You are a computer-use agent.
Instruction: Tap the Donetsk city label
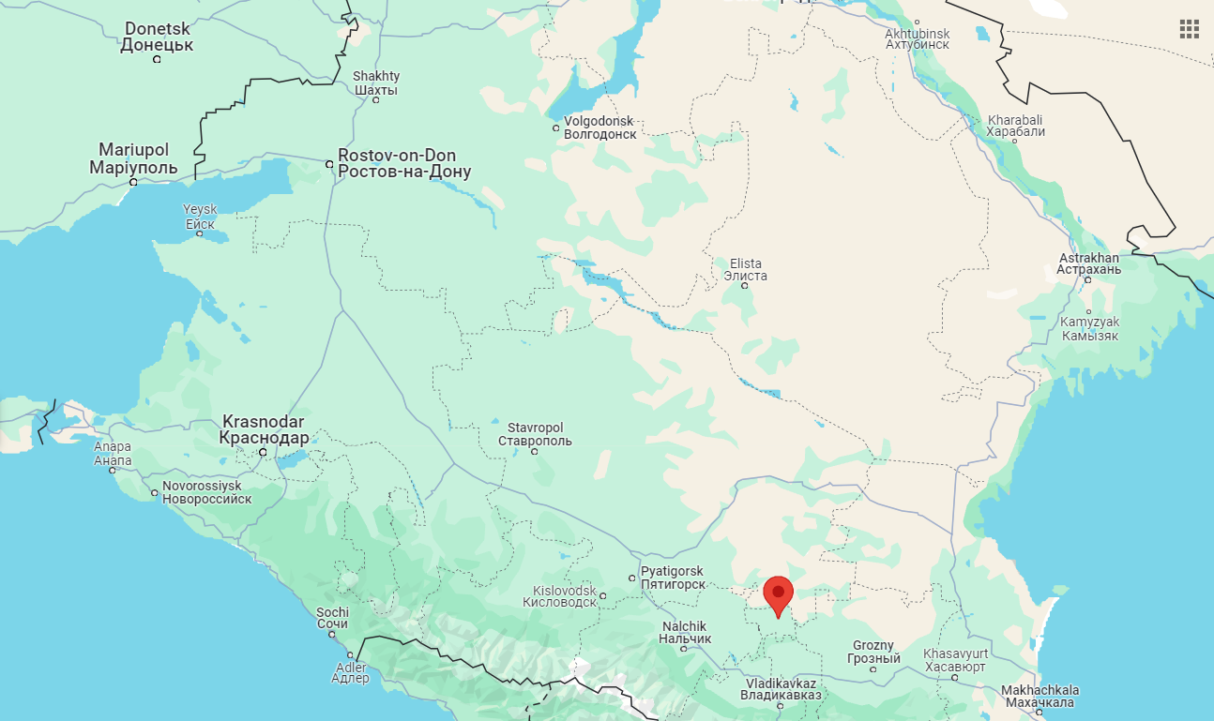tap(157, 37)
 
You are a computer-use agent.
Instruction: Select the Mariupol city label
tap(133, 158)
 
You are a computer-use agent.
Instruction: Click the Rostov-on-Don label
tap(404, 163)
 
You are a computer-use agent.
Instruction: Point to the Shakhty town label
tap(376, 83)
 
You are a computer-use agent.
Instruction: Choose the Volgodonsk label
tap(599, 128)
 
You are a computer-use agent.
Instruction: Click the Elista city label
tap(745, 269)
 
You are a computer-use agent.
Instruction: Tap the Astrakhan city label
tap(1088, 263)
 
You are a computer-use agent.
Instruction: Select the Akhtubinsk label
tap(918, 39)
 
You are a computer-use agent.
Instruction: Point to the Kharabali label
tap(1015, 126)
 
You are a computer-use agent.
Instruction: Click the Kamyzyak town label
tap(1089, 328)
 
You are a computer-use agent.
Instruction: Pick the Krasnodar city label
tap(264, 429)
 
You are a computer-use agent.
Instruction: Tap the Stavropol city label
tap(535, 434)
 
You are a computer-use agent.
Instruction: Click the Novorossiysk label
tap(207, 492)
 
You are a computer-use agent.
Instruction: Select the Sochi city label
tap(332, 618)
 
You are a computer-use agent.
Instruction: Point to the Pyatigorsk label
tap(672, 578)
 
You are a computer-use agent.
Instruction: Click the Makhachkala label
tap(1039, 696)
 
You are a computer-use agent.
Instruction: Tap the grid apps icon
tap(1190, 29)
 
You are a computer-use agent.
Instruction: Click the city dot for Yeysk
tap(199, 233)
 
